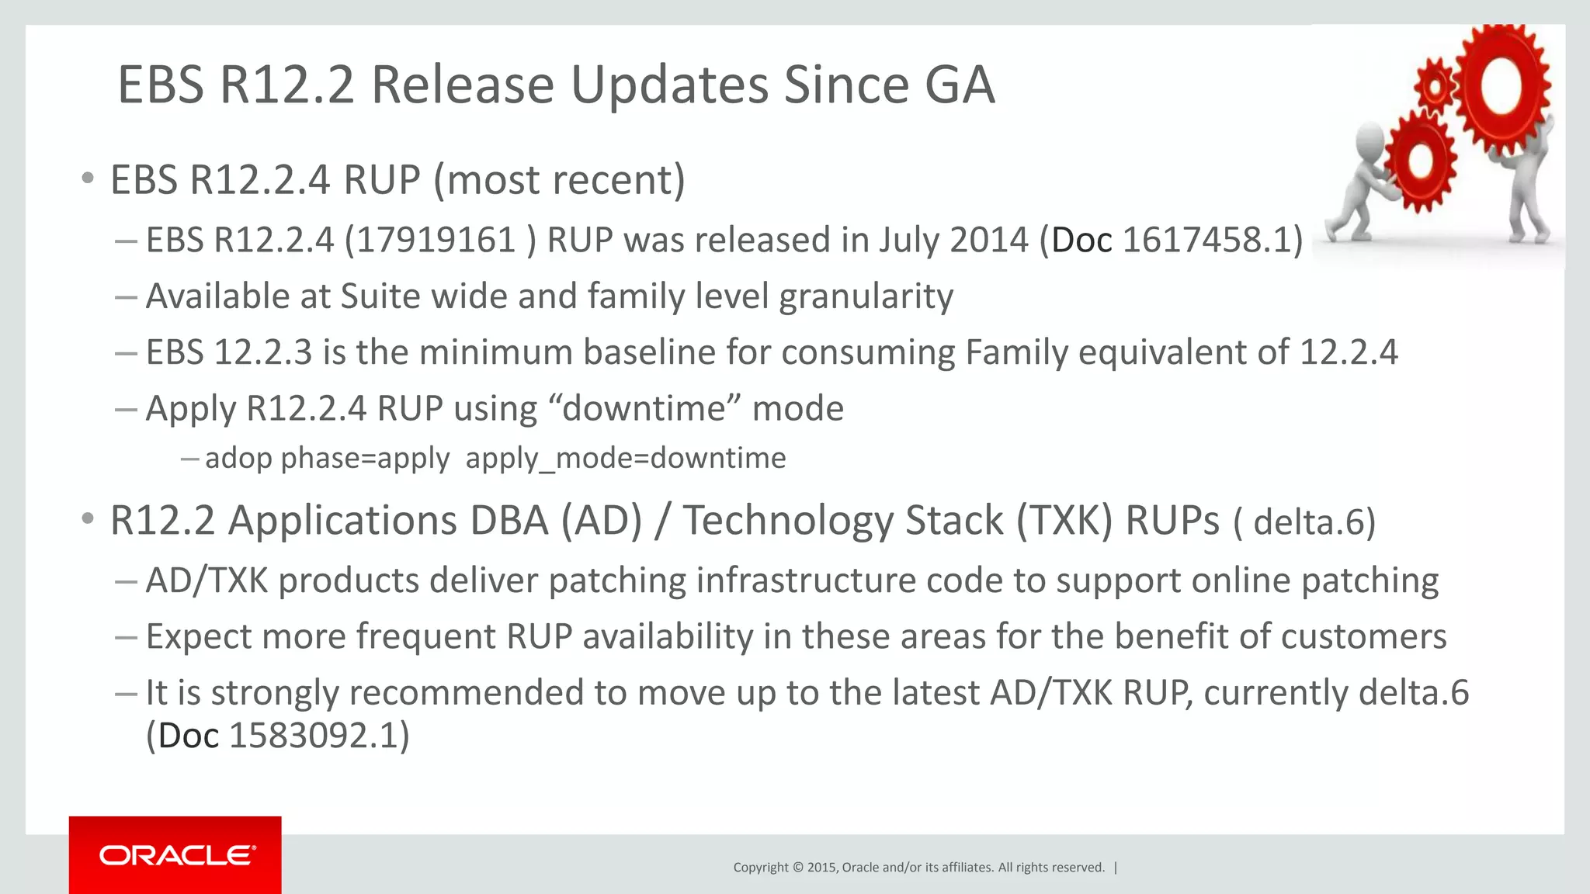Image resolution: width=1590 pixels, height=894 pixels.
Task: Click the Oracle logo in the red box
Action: point(176,855)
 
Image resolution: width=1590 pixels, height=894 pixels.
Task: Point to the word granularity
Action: point(866,297)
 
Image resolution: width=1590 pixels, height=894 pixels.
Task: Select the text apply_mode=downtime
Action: point(626,459)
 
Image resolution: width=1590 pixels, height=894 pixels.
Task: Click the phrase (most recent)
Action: point(559,180)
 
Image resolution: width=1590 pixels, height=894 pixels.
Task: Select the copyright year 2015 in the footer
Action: point(821,868)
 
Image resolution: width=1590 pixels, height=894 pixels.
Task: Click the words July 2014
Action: point(953,240)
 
